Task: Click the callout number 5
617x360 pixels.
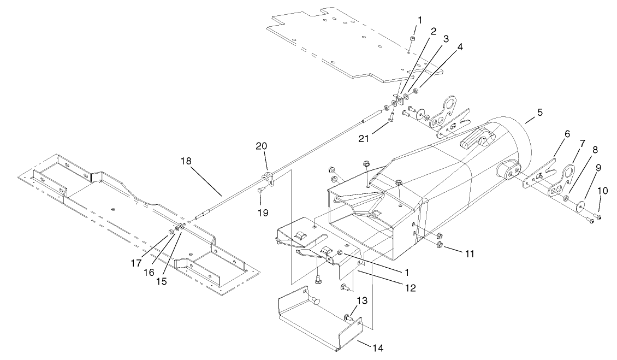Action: [x=540, y=113]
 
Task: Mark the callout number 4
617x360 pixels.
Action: [x=460, y=47]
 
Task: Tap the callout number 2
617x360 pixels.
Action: [x=432, y=31]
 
